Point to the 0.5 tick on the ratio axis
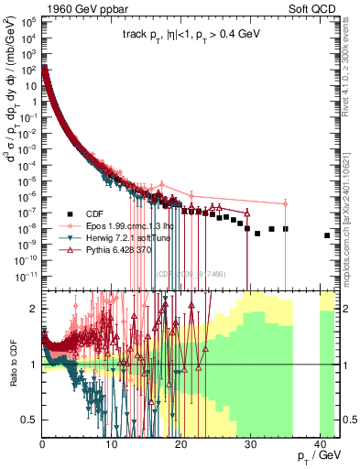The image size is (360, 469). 31,420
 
